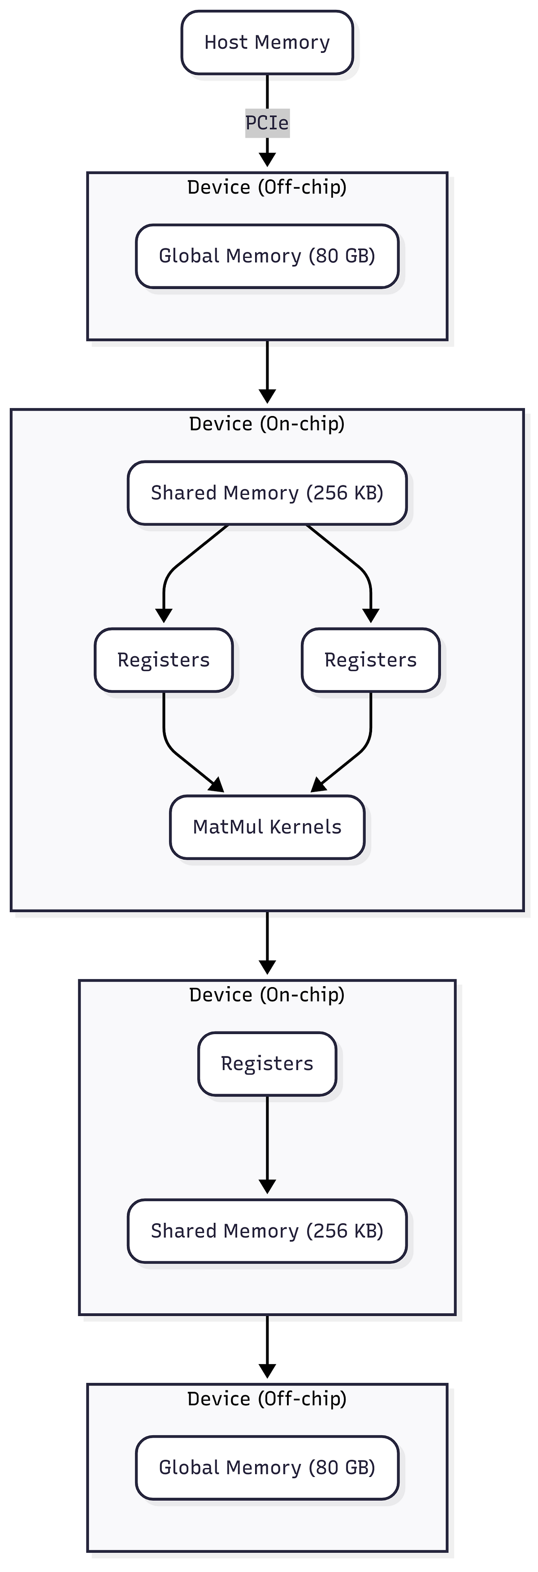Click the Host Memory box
tap(267, 43)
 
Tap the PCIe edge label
tap(267, 123)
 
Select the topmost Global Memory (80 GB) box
tap(267, 256)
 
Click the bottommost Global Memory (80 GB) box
tap(267, 1468)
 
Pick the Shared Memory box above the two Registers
tap(267, 493)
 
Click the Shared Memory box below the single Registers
tap(267, 1231)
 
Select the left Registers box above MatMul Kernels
tap(164, 660)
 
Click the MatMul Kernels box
tap(267, 827)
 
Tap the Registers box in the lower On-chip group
tap(267, 1064)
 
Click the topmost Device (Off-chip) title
tap(267, 187)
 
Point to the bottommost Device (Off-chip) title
tap(267, 1399)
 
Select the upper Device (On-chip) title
tap(267, 424)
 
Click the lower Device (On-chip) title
tap(267, 995)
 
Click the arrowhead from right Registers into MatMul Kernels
tap(318, 785)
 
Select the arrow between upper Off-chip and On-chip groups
tap(267, 372)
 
